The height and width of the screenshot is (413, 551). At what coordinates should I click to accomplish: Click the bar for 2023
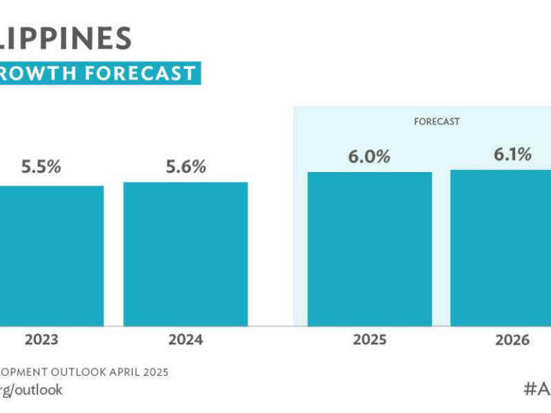pyautogui.click(x=52, y=255)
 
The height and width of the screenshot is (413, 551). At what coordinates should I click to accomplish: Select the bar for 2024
pyautogui.click(x=185, y=254)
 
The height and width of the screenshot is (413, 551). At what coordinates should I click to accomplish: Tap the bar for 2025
pyautogui.click(x=369, y=248)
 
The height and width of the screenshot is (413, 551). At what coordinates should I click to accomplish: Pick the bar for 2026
pyautogui.click(x=501, y=247)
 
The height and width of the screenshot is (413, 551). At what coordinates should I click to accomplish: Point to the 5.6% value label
pyautogui.click(x=185, y=166)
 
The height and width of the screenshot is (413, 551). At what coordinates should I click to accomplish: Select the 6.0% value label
pyautogui.click(x=369, y=156)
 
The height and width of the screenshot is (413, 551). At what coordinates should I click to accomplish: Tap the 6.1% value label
pyautogui.click(x=512, y=154)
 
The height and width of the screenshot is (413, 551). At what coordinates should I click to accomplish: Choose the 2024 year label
pyautogui.click(x=185, y=340)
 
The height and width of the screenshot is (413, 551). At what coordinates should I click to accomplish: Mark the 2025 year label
pyautogui.click(x=369, y=340)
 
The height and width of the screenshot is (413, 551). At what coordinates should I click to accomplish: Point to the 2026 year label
pyautogui.click(x=511, y=340)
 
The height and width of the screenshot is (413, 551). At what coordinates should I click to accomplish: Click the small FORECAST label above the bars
pyautogui.click(x=437, y=121)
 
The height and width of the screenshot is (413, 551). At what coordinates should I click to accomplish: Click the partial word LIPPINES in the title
pyautogui.click(x=66, y=37)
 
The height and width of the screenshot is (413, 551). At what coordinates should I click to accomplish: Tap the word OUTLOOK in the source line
pyautogui.click(x=83, y=372)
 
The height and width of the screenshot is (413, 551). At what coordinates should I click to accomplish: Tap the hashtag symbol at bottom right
pyautogui.click(x=530, y=388)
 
